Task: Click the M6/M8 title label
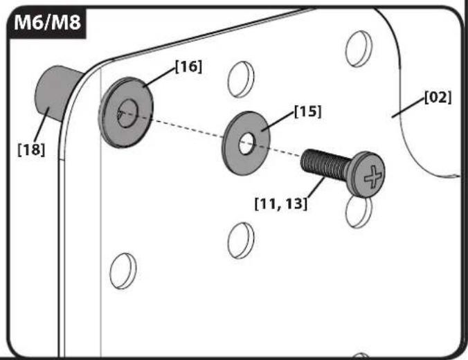tap(48, 22)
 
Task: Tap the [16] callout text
tap(188, 66)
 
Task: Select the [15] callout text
tap(307, 111)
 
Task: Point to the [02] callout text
tap(438, 97)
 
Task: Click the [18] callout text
tap(31, 150)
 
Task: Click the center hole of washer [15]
tap(246, 144)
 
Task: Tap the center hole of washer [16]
tap(127, 114)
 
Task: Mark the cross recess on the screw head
tap(372, 177)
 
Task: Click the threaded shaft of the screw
tap(325, 165)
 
